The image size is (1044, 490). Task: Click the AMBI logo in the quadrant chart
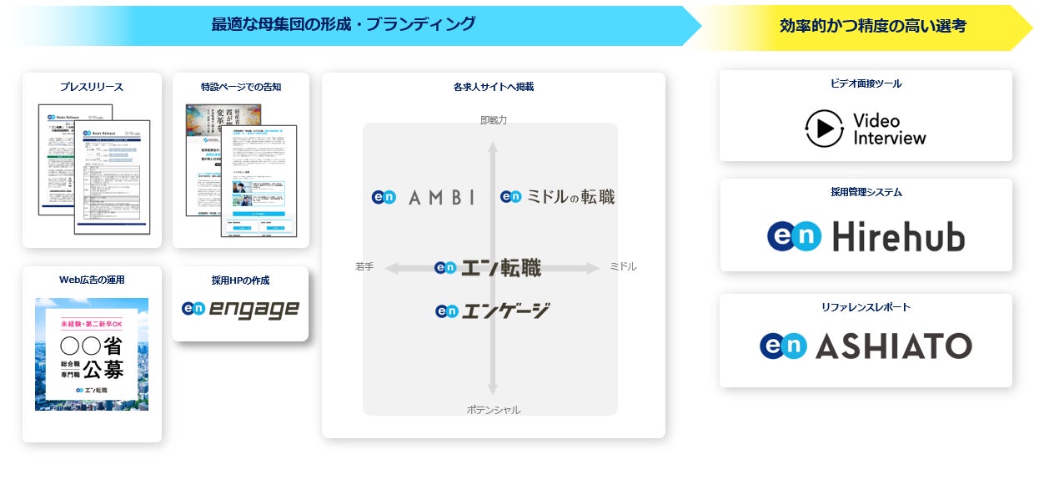point(424,197)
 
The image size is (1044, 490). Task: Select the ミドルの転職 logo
point(558,197)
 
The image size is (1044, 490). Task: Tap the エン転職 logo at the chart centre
point(488,268)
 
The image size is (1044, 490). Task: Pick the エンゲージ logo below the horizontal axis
point(493,311)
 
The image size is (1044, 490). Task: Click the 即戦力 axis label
point(493,120)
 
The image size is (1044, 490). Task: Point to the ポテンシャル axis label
point(493,410)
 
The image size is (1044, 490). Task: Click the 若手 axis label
point(364,267)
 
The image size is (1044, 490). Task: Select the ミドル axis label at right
point(623,267)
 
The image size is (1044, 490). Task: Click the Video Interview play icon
point(825,129)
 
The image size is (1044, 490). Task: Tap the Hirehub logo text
point(898,237)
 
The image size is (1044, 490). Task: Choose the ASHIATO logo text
point(893,346)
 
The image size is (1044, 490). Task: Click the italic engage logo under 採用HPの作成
point(240,309)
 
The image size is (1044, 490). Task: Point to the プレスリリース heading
point(92,87)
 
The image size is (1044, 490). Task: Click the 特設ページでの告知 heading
point(241,87)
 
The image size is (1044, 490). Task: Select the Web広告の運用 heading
point(92,280)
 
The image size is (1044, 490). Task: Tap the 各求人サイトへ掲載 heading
point(493,87)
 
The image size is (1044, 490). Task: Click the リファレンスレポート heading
point(866,307)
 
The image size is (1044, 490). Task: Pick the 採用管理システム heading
point(866,192)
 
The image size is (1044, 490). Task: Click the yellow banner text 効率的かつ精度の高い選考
point(872,26)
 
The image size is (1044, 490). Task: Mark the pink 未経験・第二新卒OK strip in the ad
point(92,323)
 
